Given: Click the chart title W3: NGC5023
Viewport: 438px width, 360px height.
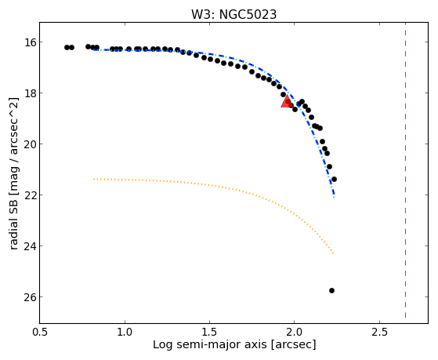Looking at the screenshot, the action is click(233, 15).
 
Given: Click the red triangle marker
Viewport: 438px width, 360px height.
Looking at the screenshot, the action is click(287, 101).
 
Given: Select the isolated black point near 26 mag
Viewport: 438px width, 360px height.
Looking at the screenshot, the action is click(331, 291).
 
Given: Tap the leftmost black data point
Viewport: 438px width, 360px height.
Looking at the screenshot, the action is click(67, 47).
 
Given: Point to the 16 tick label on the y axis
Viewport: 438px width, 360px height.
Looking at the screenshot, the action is click(30, 42).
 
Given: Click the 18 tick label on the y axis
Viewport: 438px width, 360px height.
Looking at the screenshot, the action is click(30, 93).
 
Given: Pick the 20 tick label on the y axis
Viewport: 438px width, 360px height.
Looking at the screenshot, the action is click(30, 144).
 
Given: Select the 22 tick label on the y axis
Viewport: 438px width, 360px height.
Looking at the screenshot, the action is click(30, 195).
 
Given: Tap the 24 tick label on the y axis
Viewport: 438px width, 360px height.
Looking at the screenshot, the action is click(30, 246).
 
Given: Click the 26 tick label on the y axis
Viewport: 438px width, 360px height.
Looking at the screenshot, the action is click(30, 297).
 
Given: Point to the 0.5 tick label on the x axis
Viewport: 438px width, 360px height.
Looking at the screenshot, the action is click(40, 332).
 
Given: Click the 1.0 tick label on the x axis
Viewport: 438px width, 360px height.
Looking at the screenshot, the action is click(125, 332).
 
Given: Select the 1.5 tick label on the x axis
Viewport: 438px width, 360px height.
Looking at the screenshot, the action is click(210, 332).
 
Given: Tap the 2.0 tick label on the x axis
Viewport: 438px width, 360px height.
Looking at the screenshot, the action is click(295, 332).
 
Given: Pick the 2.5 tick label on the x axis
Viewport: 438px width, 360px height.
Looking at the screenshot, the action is click(379, 332).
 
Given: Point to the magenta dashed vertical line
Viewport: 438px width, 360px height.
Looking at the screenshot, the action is click(405, 170).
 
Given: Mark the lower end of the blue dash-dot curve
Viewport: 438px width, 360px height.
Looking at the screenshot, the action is click(334, 197).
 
